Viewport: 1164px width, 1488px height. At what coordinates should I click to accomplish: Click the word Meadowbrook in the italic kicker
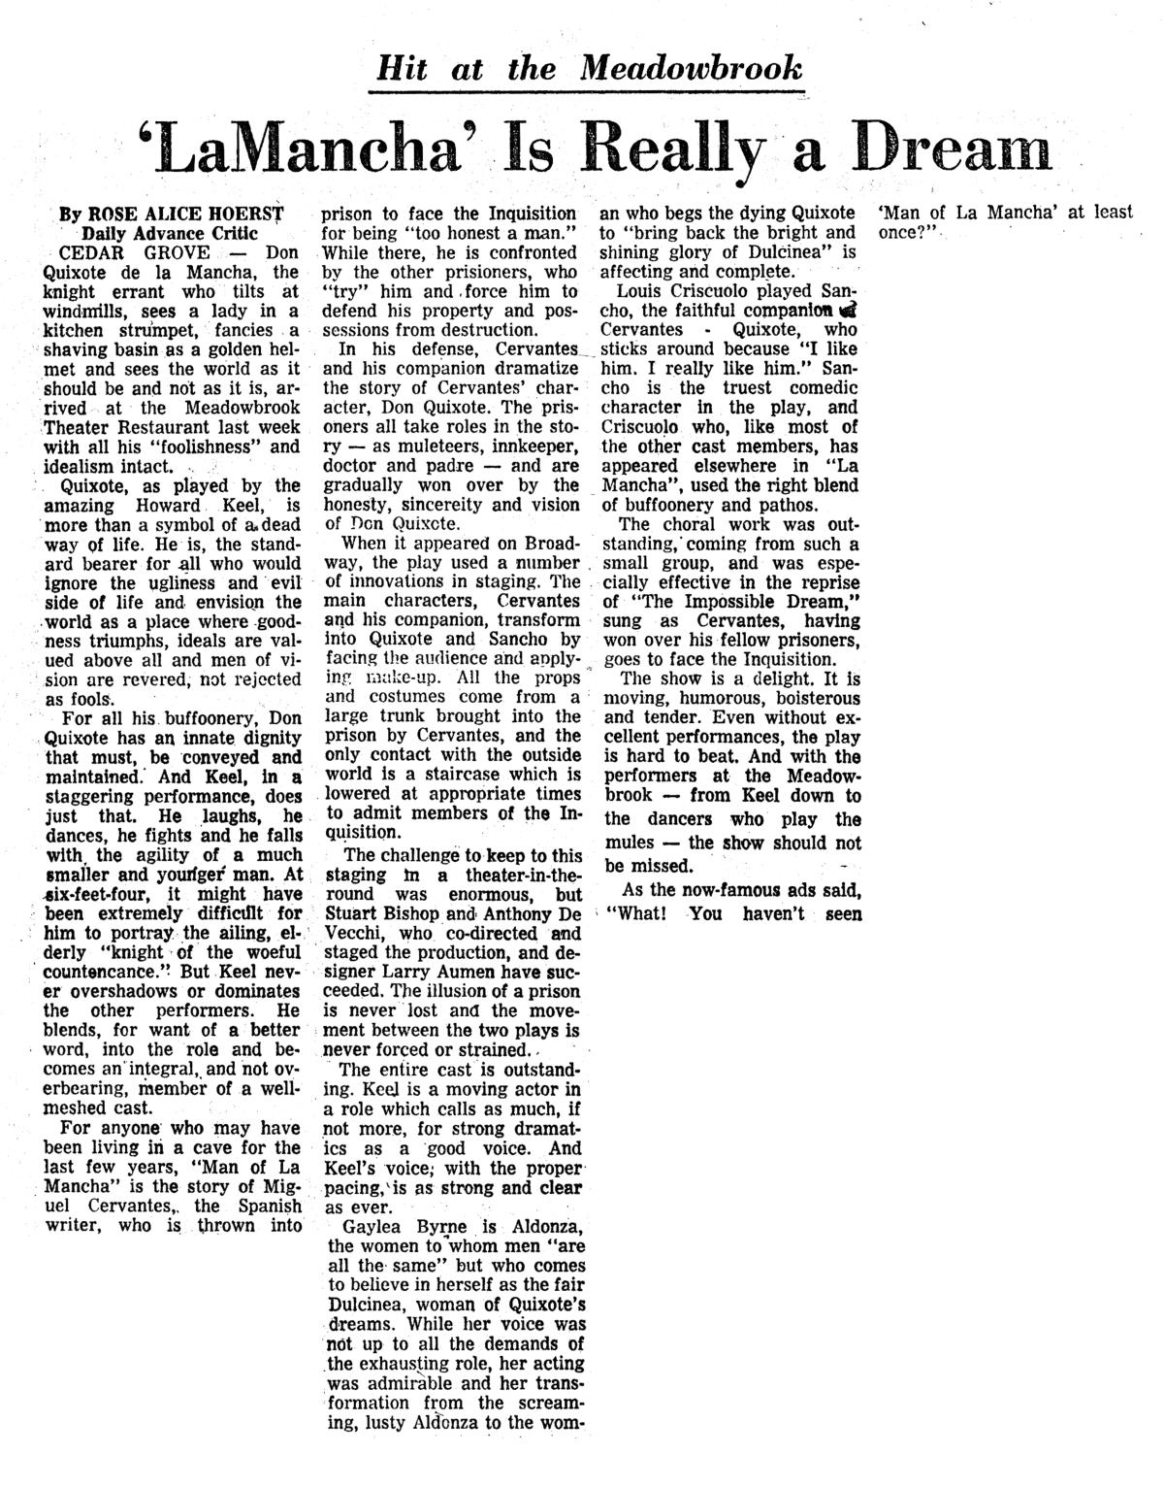coord(692,68)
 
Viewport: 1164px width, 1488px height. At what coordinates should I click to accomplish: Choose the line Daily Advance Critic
coord(170,233)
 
